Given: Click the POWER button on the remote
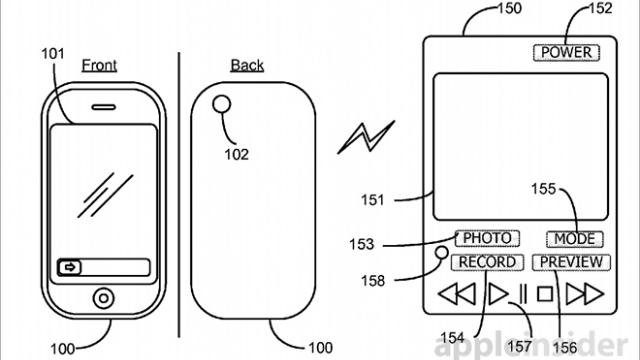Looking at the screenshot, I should [x=567, y=52].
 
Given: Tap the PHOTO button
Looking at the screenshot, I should [x=487, y=238].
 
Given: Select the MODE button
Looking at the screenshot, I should [x=575, y=239].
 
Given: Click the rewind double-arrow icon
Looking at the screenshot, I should [x=456, y=294].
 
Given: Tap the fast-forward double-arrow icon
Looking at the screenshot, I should [x=584, y=294].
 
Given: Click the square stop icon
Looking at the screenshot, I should [x=545, y=294].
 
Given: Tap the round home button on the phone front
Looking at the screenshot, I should [x=103, y=297].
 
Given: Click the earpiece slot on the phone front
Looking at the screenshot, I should [x=103, y=103].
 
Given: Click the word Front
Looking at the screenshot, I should [x=98, y=66].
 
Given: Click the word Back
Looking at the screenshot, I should [x=247, y=66].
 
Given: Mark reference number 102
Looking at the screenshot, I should [x=236, y=154].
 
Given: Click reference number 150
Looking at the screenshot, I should [x=513, y=10].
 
